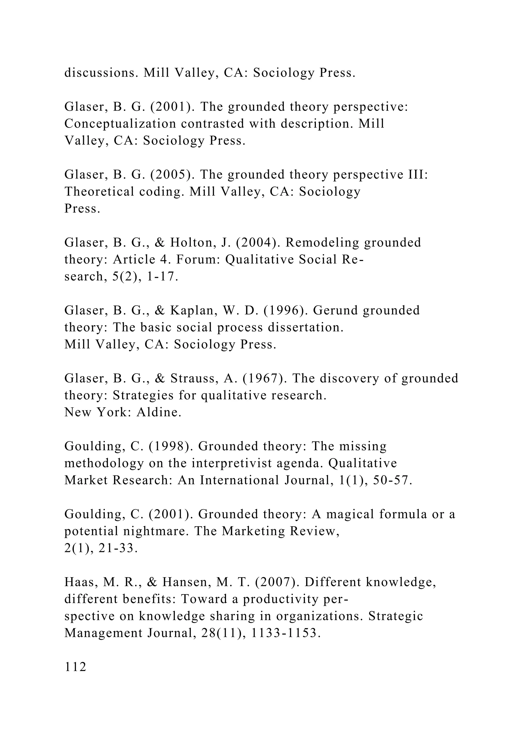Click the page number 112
click(75, 667)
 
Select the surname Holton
click(193, 243)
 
